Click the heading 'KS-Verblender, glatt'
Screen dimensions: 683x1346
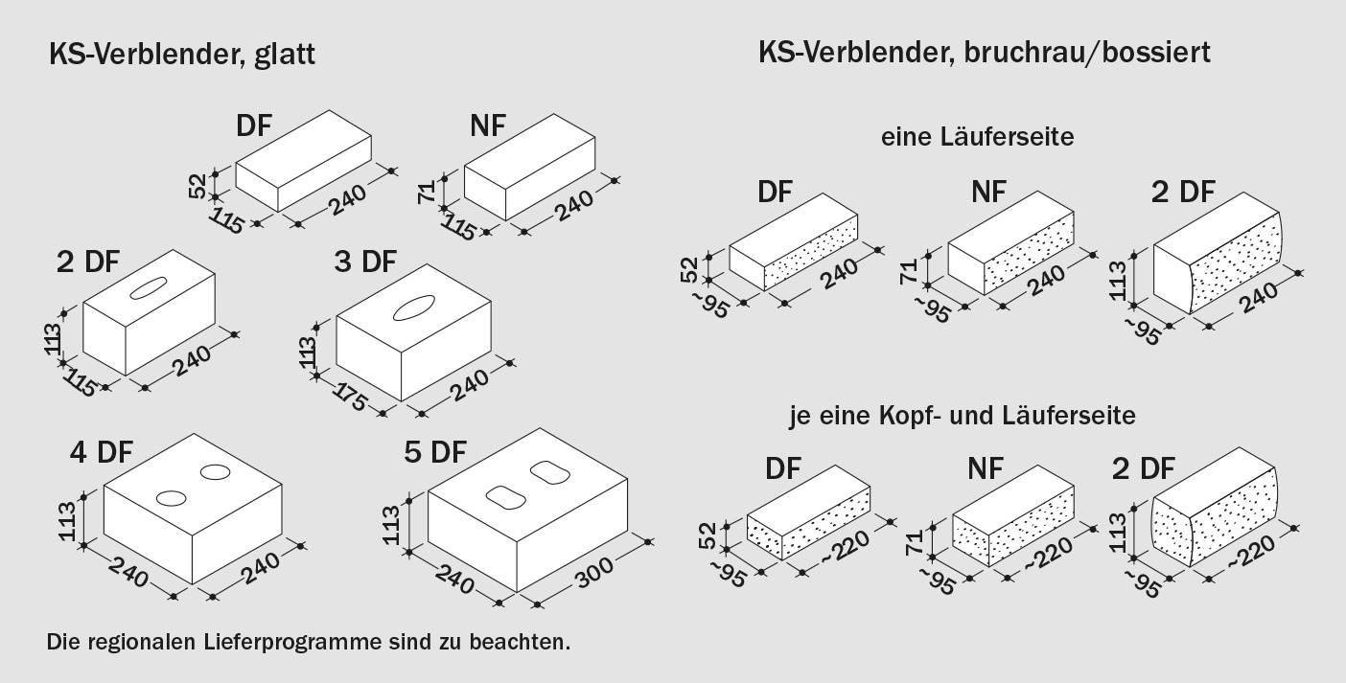coord(182,56)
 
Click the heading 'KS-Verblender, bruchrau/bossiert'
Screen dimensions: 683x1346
coord(984,52)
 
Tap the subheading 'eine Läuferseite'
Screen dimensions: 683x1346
coord(977,137)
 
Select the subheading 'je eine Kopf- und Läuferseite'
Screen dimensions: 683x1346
coord(962,416)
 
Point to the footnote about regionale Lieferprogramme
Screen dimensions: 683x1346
coord(308,641)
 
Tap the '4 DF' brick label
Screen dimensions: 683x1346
coord(101,451)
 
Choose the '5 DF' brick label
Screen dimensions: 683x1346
coord(435,451)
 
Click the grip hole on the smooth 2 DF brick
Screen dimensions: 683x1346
coord(150,285)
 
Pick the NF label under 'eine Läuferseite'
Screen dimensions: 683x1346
coord(988,192)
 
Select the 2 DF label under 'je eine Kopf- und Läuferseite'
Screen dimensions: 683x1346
coord(1143,468)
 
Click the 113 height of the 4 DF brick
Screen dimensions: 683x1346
coord(68,517)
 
